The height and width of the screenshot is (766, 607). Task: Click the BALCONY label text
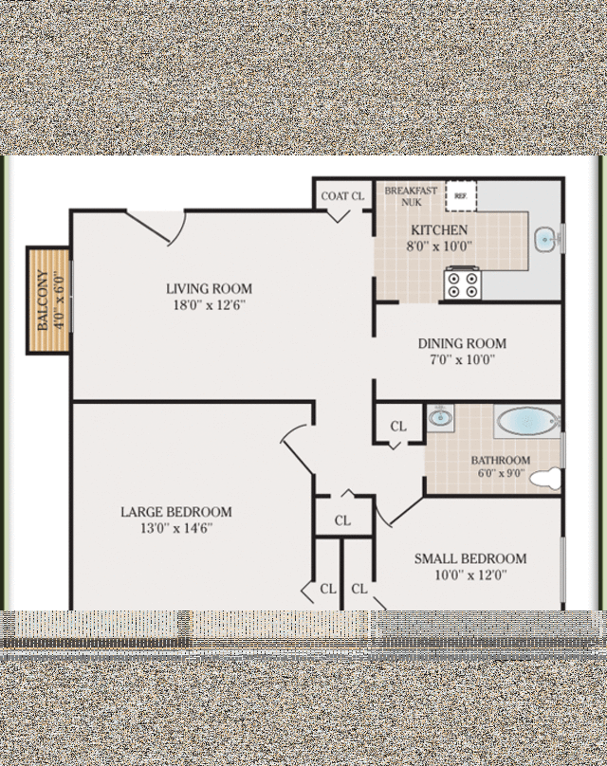pyautogui.click(x=42, y=301)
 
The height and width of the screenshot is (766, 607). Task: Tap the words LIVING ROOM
pyautogui.click(x=209, y=289)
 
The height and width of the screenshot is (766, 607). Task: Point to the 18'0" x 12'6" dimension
pyautogui.click(x=209, y=305)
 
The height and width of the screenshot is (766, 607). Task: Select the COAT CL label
pyautogui.click(x=342, y=196)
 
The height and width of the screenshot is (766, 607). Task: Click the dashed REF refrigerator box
pyautogui.click(x=461, y=196)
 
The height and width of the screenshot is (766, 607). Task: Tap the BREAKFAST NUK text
pyautogui.click(x=411, y=196)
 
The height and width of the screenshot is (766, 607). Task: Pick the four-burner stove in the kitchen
pyautogui.click(x=465, y=284)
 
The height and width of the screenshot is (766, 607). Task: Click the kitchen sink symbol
pyautogui.click(x=545, y=240)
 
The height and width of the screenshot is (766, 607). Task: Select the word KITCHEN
pyautogui.click(x=438, y=230)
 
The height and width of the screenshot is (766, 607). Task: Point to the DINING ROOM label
pyautogui.click(x=462, y=343)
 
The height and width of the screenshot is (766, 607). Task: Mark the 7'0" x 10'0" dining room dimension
pyautogui.click(x=462, y=359)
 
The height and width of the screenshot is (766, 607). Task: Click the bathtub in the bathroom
pyautogui.click(x=527, y=421)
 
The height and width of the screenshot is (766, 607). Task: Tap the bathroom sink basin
pyautogui.click(x=440, y=417)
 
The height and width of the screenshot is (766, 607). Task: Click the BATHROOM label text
pyautogui.click(x=501, y=461)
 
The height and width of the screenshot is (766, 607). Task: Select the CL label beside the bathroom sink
pyautogui.click(x=398, y=427)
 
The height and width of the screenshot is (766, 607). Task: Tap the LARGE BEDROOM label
pyautogui.click(x=175, y=512)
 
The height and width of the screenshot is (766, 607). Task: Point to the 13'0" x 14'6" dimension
pyautogui.click(x=175, y=528)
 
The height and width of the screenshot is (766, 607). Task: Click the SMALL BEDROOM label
pyautogui.click(x=469, y=558)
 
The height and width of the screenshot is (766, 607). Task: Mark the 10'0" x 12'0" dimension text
pyautogui.click(x=469, y=574)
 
